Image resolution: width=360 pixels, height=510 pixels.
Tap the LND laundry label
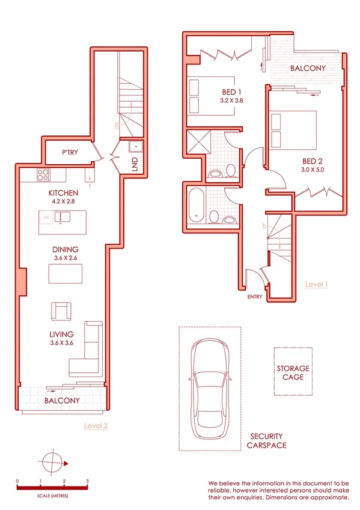[x=134, y=164]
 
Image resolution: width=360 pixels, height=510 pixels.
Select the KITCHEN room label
[x=63, y=193]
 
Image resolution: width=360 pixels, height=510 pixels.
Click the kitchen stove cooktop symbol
[x=43, y=176]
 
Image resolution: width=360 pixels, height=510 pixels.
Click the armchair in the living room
[x=62, y=311]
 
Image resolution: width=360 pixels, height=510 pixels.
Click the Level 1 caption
[x=317, y=284]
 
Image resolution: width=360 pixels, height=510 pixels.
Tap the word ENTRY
[x=254, y=296]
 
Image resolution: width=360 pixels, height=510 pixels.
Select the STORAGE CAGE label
[x=293, y=372]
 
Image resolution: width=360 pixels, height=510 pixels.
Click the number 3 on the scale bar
[x=87, y=481]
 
